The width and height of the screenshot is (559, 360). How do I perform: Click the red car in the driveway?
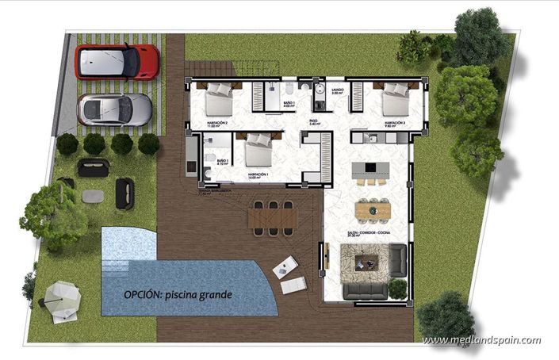pyautogui.click(x=117, y=61)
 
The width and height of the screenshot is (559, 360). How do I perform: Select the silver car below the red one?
pyautogui.click(x=115, y=109)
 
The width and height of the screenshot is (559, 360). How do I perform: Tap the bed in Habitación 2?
pyautogui.click(x=218, y=101)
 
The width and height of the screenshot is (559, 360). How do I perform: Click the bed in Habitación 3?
pyautogui.click(x=394, y=101)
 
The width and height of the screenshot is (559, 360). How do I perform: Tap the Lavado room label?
pyautogui.click(x=337, y=91)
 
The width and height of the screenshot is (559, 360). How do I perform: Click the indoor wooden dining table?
pyautogui.click(x=373, y=210)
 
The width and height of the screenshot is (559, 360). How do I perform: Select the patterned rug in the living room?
pyautogui.click(x=365, y=261)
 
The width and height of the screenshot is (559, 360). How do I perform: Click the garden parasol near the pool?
pyautogui.click(x=62, y=300)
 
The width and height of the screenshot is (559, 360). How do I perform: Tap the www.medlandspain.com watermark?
pyautogui.click(x=481, y=341)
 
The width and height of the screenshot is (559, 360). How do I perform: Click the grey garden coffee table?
pyautogui.click(x=93, y=194)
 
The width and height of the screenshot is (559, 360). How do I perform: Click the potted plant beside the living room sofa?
pyautogui.click(x=397, y=288)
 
